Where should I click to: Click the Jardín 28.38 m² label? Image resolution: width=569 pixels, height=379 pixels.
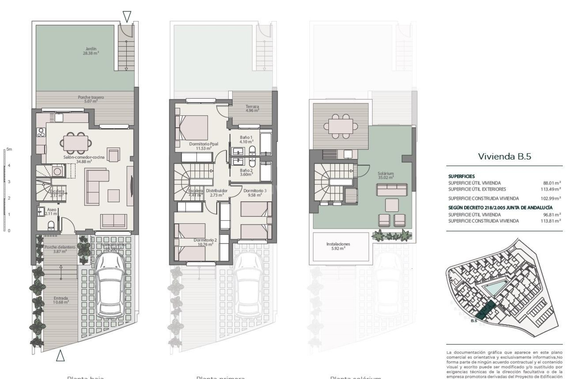click(x=91, y=51)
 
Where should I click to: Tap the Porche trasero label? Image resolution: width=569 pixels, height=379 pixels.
click(x=91, y=99)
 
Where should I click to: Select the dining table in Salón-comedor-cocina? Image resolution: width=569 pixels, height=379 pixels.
click(x=76, y=143)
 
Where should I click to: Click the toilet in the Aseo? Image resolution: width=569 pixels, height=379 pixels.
click(x=51, y=225)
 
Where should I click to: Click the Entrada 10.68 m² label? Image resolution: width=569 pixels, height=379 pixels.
click(x=61, y=300)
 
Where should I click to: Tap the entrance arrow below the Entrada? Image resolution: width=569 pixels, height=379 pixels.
click(x=60, y=355)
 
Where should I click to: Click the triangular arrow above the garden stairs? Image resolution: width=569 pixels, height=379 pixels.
click(x=127, y=17)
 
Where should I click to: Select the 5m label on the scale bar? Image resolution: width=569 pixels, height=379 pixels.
click(x=9, y=149)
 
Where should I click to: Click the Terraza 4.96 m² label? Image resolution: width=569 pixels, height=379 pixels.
click(x=252, y=108)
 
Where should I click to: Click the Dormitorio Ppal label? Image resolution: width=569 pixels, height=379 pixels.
click(x=204, y=146)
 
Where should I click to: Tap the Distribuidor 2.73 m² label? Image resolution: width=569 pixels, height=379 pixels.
click(x=217, y=193)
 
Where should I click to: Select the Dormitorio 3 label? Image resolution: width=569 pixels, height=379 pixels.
click(x=255, y=193)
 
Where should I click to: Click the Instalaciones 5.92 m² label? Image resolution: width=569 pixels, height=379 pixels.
click(x=338, y=246)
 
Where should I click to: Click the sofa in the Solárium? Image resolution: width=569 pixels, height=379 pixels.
click(x=392, y=190)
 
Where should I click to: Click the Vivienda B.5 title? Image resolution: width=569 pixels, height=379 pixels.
click(x=504, y=156)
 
